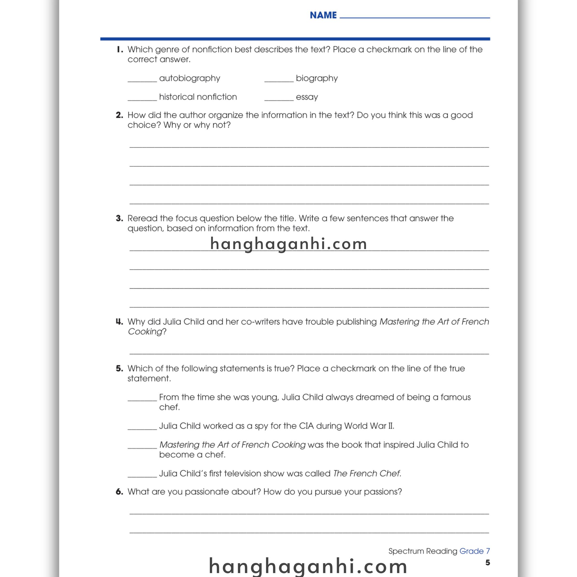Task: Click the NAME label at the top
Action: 323,15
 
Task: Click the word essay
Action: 307,97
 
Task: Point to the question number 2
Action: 119,115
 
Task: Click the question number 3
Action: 119,218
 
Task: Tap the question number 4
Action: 119,322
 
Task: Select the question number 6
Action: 119,492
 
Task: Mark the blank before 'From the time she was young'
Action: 142,399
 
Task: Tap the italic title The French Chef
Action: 367,473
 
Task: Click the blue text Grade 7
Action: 474,551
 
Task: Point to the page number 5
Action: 487,563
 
